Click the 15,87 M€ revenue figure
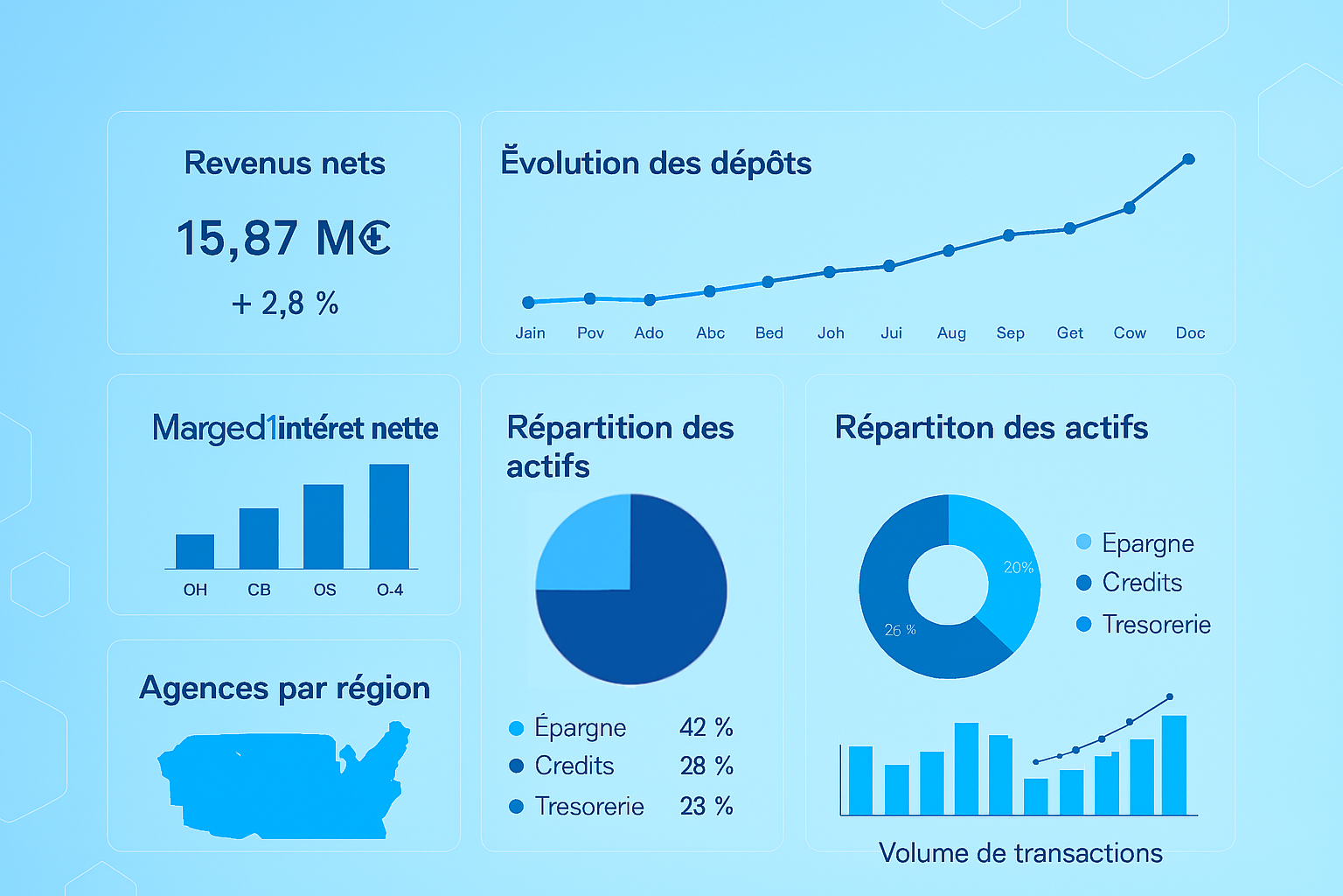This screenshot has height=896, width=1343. coord(283,238)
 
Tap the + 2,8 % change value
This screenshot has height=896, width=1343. coord(284,304)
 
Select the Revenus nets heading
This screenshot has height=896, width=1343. coord(284,164)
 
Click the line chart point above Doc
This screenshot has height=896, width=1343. coord(1188,159)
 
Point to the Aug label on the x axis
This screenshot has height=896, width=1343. coord(951,333)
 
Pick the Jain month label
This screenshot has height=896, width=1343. coord(530,333)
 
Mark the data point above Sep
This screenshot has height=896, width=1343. coord(1009,234)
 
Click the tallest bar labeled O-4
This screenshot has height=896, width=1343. coord(389,516)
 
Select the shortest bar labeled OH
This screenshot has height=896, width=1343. coord(195,551)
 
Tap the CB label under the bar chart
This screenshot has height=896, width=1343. coord(259,590)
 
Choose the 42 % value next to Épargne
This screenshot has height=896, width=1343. coord(706,727)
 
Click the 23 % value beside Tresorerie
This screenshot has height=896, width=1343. coord(706,806)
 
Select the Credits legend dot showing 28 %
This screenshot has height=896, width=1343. coord(517,766)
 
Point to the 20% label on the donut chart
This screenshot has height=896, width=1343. coord(1018,568)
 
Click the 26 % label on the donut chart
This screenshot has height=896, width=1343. coord(900,630)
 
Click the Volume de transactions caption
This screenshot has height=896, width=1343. coord(1020,853)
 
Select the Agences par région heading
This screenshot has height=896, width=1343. coord(284,689)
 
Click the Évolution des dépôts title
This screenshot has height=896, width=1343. coord(656,164)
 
